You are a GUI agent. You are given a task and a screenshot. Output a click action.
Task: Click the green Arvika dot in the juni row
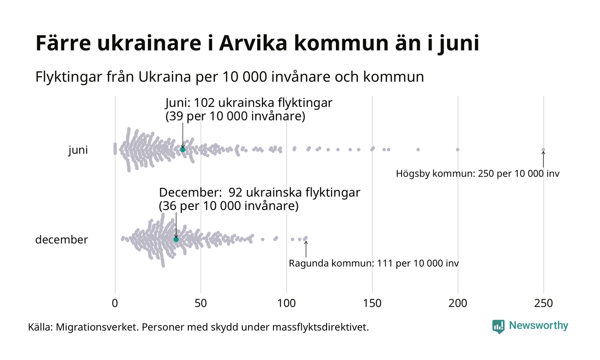[x=183, y=150]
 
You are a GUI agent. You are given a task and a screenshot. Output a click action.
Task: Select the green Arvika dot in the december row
[x=176, y=239]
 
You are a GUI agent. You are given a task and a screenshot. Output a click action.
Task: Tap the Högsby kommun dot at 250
[x=543, y=150]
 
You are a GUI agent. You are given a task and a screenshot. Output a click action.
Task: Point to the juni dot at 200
[x=458, y=150]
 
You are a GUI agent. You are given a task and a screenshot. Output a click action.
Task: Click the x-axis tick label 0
[x=115, y=303]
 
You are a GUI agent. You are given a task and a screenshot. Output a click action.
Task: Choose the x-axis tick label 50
[x=201, y=303]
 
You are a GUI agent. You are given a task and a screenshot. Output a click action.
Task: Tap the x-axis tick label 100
[x=286, y=303]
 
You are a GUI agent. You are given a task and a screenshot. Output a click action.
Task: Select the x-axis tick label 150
[x=372, y=303]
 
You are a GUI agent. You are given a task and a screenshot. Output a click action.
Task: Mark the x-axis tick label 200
[x=458, y=303]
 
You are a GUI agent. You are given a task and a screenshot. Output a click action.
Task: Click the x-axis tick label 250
[x=543, y=303]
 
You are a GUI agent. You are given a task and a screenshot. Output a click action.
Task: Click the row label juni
[x=78, y=150]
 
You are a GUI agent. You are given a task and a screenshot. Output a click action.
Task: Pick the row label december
[x=61, y=240]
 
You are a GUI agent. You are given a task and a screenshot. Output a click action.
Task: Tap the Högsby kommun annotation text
[x=477, y=174]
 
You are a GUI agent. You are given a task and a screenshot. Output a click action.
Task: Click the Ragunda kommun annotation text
[x=374, y=263]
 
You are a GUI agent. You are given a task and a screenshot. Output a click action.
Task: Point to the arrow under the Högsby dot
[x=543, y=159]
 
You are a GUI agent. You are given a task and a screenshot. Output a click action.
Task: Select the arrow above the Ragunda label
[x=306, y=249]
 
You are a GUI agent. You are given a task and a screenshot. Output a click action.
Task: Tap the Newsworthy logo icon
[x=498, y=326]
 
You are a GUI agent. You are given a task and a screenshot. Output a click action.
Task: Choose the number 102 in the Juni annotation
[x=204, y=103]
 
